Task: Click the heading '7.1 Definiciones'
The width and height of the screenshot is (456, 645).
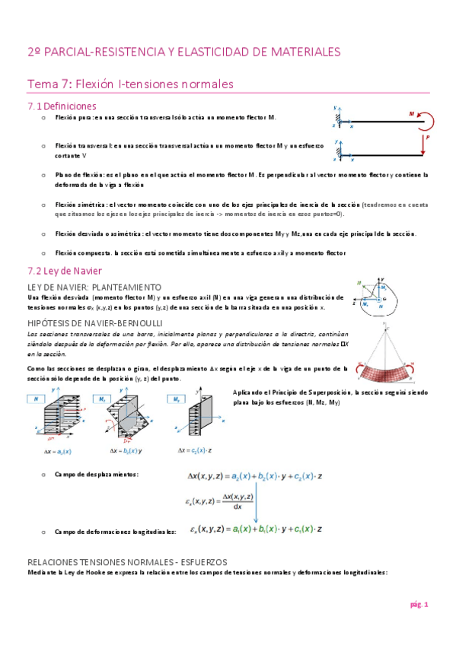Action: (62, 106)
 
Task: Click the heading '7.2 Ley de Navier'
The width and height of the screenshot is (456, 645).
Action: (65, 270)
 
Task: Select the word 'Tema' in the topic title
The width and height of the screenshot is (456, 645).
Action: (41, 84)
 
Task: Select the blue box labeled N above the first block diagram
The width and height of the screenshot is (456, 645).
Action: (37, 398)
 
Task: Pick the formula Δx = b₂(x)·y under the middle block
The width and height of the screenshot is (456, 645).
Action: (120, 450)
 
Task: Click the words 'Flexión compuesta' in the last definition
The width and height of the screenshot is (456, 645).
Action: (80, 253)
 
